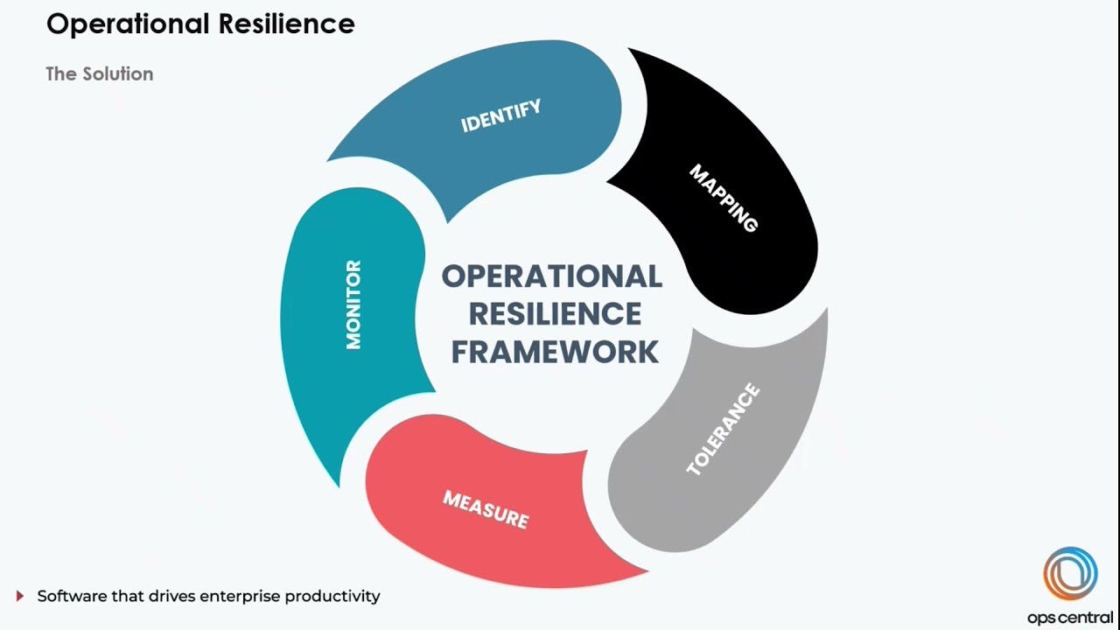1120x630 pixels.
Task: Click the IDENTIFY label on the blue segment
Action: click(501, 116)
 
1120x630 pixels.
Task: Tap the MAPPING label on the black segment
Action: click(724, 198)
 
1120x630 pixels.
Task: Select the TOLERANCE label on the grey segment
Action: click(723, 430)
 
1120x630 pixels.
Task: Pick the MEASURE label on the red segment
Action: click(486, 509)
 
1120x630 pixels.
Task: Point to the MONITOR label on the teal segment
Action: click(353, 304)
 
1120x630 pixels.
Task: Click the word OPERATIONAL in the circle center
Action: click(551, 276)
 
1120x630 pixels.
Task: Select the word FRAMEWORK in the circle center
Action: click(555, 351)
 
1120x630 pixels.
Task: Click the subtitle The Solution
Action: click(99, 74)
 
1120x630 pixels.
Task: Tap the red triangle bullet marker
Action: click(20, 597)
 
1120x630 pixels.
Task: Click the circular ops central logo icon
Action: click(1070, 574)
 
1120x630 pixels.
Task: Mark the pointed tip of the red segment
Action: click(646, 571)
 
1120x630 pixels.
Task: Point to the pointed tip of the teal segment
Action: click(337, 484)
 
